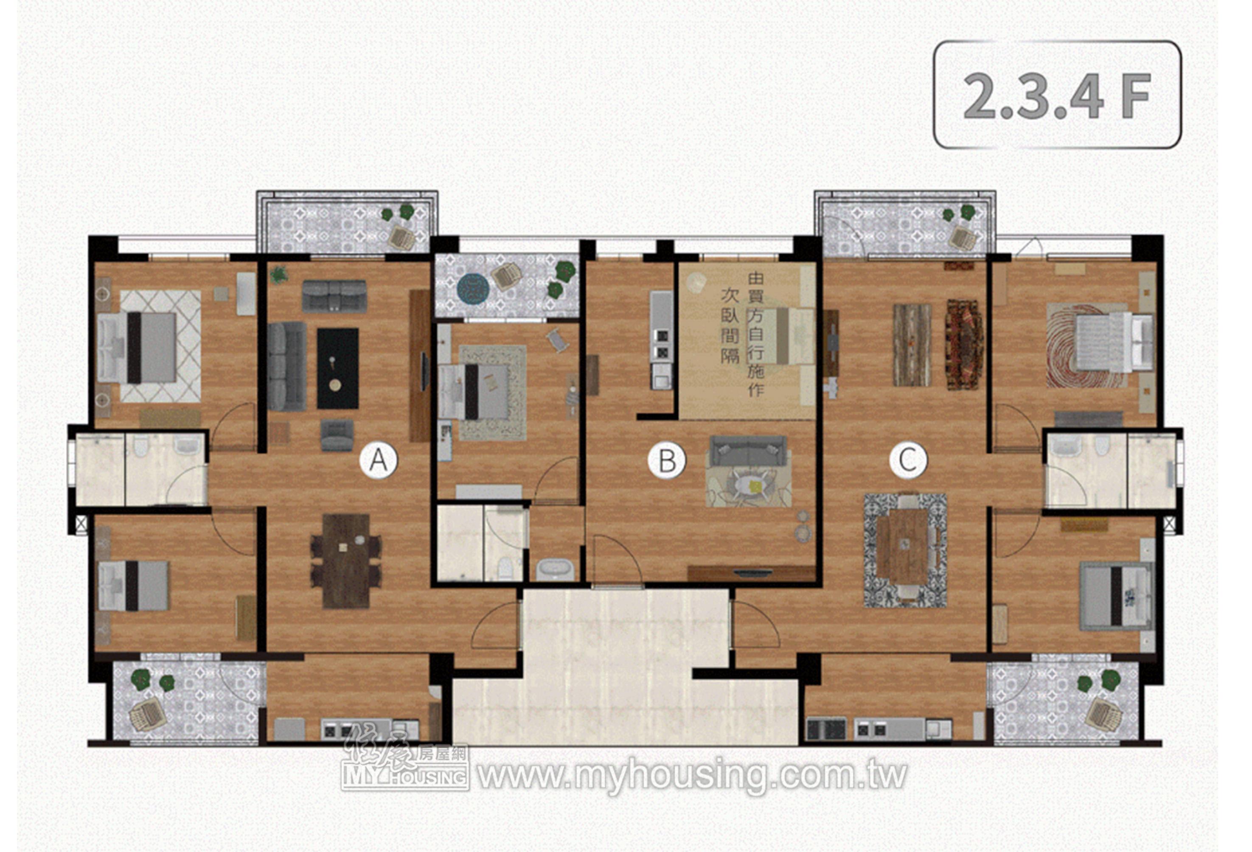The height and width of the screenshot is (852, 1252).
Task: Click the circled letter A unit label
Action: pos(379,460)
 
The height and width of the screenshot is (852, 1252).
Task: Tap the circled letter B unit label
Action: pos(667,460)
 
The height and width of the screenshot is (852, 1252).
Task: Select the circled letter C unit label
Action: pos(908,460)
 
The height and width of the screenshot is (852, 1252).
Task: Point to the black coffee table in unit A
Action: pos(338,368)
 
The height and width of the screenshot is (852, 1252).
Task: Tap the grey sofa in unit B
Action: pos(748,451)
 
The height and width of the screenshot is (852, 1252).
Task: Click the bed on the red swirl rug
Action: pos(1114,342)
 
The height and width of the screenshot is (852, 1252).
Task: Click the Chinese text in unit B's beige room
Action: pos(744,334)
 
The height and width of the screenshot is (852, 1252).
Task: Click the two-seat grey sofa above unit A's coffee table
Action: pos(334,296)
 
